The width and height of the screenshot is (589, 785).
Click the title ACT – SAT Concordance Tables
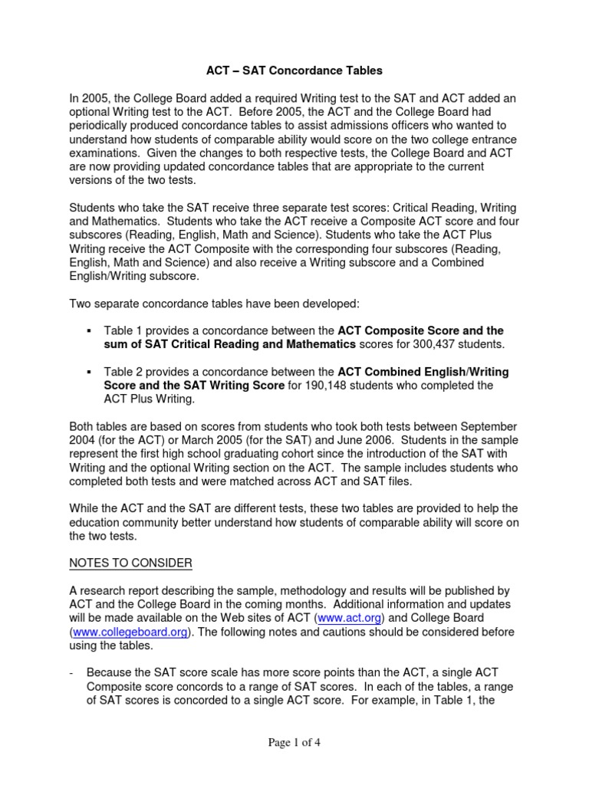coord(294,71)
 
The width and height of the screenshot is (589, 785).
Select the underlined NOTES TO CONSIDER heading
coord(131,563)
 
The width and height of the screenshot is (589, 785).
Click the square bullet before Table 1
coord(90,330)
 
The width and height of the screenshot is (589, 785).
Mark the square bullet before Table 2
coord(90,372)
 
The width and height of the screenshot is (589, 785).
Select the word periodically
coord(105,126)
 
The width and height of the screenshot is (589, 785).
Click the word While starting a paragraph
coord(86,509)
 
